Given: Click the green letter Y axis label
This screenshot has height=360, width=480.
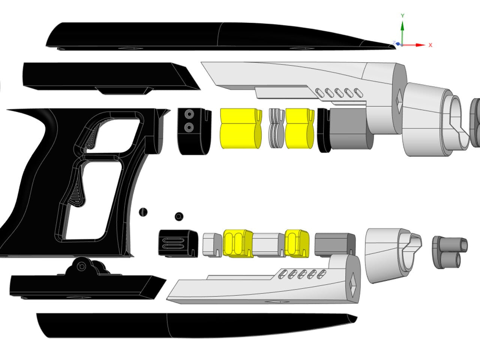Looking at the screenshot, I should [x=402, y=16].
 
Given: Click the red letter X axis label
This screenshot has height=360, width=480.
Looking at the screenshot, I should [x=430, y=45].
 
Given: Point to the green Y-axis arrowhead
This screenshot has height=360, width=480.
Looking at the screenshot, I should [x=402, y=25].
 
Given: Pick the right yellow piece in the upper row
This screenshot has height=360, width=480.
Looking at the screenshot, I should [x=299, y=129].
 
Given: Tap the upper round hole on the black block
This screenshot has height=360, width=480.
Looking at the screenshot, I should [x=189, y=114].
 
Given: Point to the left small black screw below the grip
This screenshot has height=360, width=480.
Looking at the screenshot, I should [x=143, y=212].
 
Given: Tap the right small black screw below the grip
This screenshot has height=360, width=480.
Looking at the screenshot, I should [x=179, y=216].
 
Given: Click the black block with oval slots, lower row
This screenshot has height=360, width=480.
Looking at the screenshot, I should [x=178, y=243].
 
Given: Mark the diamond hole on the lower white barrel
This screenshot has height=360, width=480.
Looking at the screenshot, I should [x=353, y=287].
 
